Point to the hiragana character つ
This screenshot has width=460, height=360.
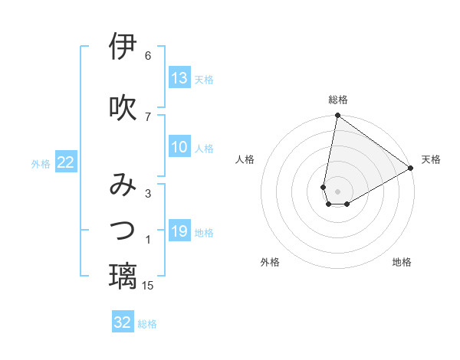[123, 230]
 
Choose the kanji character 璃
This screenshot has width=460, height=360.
[123, 277]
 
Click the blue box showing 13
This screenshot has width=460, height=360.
[179, 78]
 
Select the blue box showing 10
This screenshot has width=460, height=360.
[179, 147]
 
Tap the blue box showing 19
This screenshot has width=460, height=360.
[179, 231]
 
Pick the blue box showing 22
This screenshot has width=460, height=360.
[66, 162]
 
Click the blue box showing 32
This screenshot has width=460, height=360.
[123, 322]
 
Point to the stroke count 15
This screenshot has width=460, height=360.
[149, 286]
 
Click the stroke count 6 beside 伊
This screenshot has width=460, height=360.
[148, 56]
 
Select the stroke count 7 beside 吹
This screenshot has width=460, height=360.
[148, 116]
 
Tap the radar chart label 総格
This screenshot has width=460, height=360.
[338, 100]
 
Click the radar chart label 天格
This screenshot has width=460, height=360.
[431, 159]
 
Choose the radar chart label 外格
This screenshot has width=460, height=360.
[270, 262]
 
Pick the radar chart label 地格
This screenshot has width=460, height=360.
[402, 262]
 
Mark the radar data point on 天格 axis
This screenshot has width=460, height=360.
[411, 168]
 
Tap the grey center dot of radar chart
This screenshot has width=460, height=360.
[338, 191]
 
